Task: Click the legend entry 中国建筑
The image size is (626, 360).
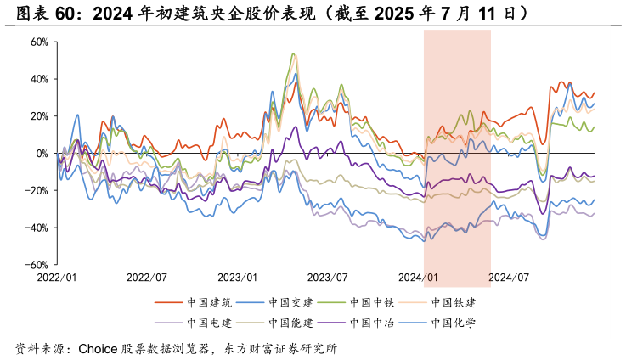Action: (209, 302)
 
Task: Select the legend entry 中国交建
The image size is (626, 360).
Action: (290, 302)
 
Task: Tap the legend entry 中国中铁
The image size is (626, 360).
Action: (372, 302)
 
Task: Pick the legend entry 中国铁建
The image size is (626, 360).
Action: (454, 302)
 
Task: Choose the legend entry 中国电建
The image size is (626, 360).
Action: (209, 323)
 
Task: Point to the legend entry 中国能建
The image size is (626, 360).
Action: (290, 323)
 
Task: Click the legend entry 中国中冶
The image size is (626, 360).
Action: (372, 323)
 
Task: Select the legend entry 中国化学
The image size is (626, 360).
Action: (454, 323)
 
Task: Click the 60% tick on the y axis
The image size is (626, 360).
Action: (38, 42)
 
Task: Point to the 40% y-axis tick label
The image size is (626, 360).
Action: (38, 79)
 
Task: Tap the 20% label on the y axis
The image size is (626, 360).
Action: (38, 116)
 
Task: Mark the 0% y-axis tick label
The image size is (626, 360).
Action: (41, 154)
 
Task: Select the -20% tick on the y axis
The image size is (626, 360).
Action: (37, 191)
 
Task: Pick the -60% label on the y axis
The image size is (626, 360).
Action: (37, 265)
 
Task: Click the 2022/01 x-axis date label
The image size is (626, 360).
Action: (57, 278)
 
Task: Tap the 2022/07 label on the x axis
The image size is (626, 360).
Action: (148, 278)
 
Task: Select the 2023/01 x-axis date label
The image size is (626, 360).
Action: (238, 278)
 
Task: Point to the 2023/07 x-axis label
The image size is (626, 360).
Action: (328, 278)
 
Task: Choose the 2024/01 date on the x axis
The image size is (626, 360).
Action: (419, 278)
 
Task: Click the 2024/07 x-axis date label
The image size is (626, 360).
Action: (509, 278)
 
